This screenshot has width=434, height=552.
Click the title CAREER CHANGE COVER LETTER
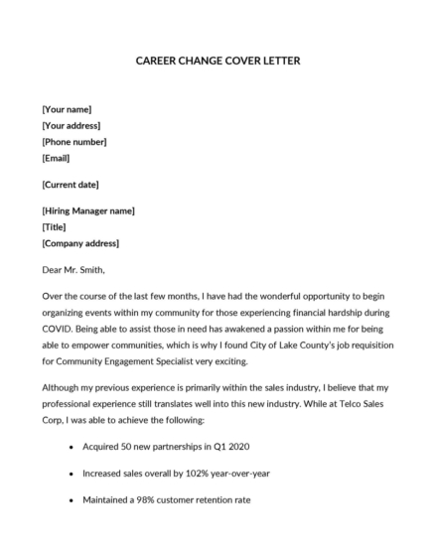click(217, 61)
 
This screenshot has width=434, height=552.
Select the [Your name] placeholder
click(68, 110)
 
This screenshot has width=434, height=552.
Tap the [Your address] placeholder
click(72, 126)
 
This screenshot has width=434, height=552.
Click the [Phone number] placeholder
click(74, 142)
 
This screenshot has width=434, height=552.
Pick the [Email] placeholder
click(58, 158)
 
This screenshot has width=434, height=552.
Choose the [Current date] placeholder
click(71, 185)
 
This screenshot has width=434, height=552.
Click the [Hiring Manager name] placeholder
click(88, 211)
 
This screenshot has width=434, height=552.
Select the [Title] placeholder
click(55, 227)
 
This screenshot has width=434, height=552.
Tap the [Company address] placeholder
click(80, 243)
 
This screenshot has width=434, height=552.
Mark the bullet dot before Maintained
click(71, 500)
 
